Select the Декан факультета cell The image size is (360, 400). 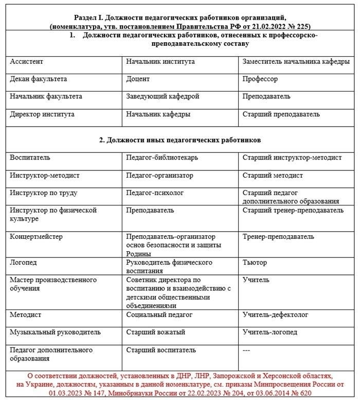tap(39, 79)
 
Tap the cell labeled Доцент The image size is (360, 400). tap(138, 79)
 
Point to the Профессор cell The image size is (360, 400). tap(260, 79)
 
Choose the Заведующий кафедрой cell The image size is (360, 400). tap(163, 96)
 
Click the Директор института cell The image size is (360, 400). tap(42, 114)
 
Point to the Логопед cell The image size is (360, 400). tap(23, 263)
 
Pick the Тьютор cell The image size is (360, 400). tap(255, 263)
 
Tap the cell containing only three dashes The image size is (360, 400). tap(246, 350)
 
